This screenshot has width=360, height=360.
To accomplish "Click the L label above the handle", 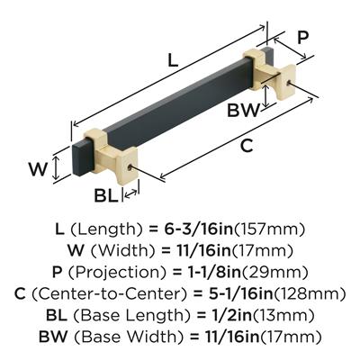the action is (x=173, y=60).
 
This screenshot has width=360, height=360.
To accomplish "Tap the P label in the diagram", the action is (x=303, y=38).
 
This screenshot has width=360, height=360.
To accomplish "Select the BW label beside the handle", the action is (x=243, y=110).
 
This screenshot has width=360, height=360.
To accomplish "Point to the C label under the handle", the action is (x=247, y=146).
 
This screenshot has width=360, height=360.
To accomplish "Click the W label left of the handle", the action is (x=38, y=169).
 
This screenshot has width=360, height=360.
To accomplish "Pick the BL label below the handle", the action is (x=105, y=195).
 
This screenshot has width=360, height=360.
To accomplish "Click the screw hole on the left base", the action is (x=130, y=167).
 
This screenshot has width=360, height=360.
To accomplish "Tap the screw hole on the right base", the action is (x=289, y=84).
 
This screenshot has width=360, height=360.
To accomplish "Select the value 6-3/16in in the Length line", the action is (x=199, y=229).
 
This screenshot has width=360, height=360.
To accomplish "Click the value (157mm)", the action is (x=269, y=229).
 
